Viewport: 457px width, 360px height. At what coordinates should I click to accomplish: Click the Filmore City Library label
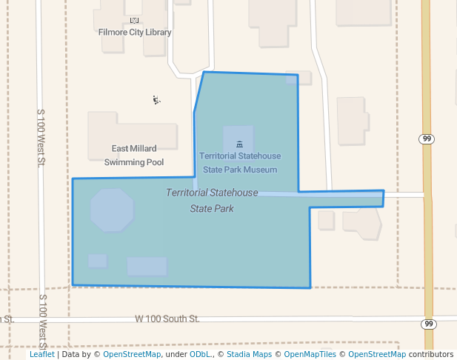pyautogui.click(x=135, y=33)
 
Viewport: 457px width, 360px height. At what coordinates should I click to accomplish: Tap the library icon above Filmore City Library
pyautogui.click(x=134, y=21)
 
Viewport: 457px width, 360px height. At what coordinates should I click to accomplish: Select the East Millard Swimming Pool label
pyautogui.click(x=134, y=155)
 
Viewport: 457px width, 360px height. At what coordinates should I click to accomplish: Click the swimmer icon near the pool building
pyautogui.click(x=156, y=99)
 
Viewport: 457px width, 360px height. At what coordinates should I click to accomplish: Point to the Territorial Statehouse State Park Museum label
pyautogui.click(x=240, y=162)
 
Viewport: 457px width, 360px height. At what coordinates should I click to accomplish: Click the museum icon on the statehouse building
pyautogui.click(x=238, y=143)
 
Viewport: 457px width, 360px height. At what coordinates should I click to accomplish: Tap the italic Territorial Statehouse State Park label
pyautogui.click(x=212, y=200)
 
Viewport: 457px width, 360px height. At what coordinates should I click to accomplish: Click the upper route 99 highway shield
pyautogui.click(x=427, y=139)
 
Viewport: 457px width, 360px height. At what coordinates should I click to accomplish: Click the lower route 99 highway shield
pyautogui.click(x=428, y=324)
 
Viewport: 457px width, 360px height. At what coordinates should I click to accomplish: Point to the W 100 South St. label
pyautogui.click(x=167, y=319)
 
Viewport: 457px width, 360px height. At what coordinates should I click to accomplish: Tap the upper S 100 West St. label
pyautogui.click(x=41, y=137)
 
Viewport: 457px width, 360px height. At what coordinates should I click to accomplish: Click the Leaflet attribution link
pyautogui.click(x=41, y=355)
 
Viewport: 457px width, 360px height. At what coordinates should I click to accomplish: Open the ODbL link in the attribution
pyautogui.click(x=200, y=355)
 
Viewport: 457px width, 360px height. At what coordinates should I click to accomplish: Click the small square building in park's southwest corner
pyautogui.click(x=98, y=261)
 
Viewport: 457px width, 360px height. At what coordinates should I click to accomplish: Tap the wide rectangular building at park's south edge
pyautogui.click(x=147, y=266)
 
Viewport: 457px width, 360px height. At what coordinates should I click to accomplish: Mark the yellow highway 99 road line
pyautogui.click(x=427, y=222)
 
